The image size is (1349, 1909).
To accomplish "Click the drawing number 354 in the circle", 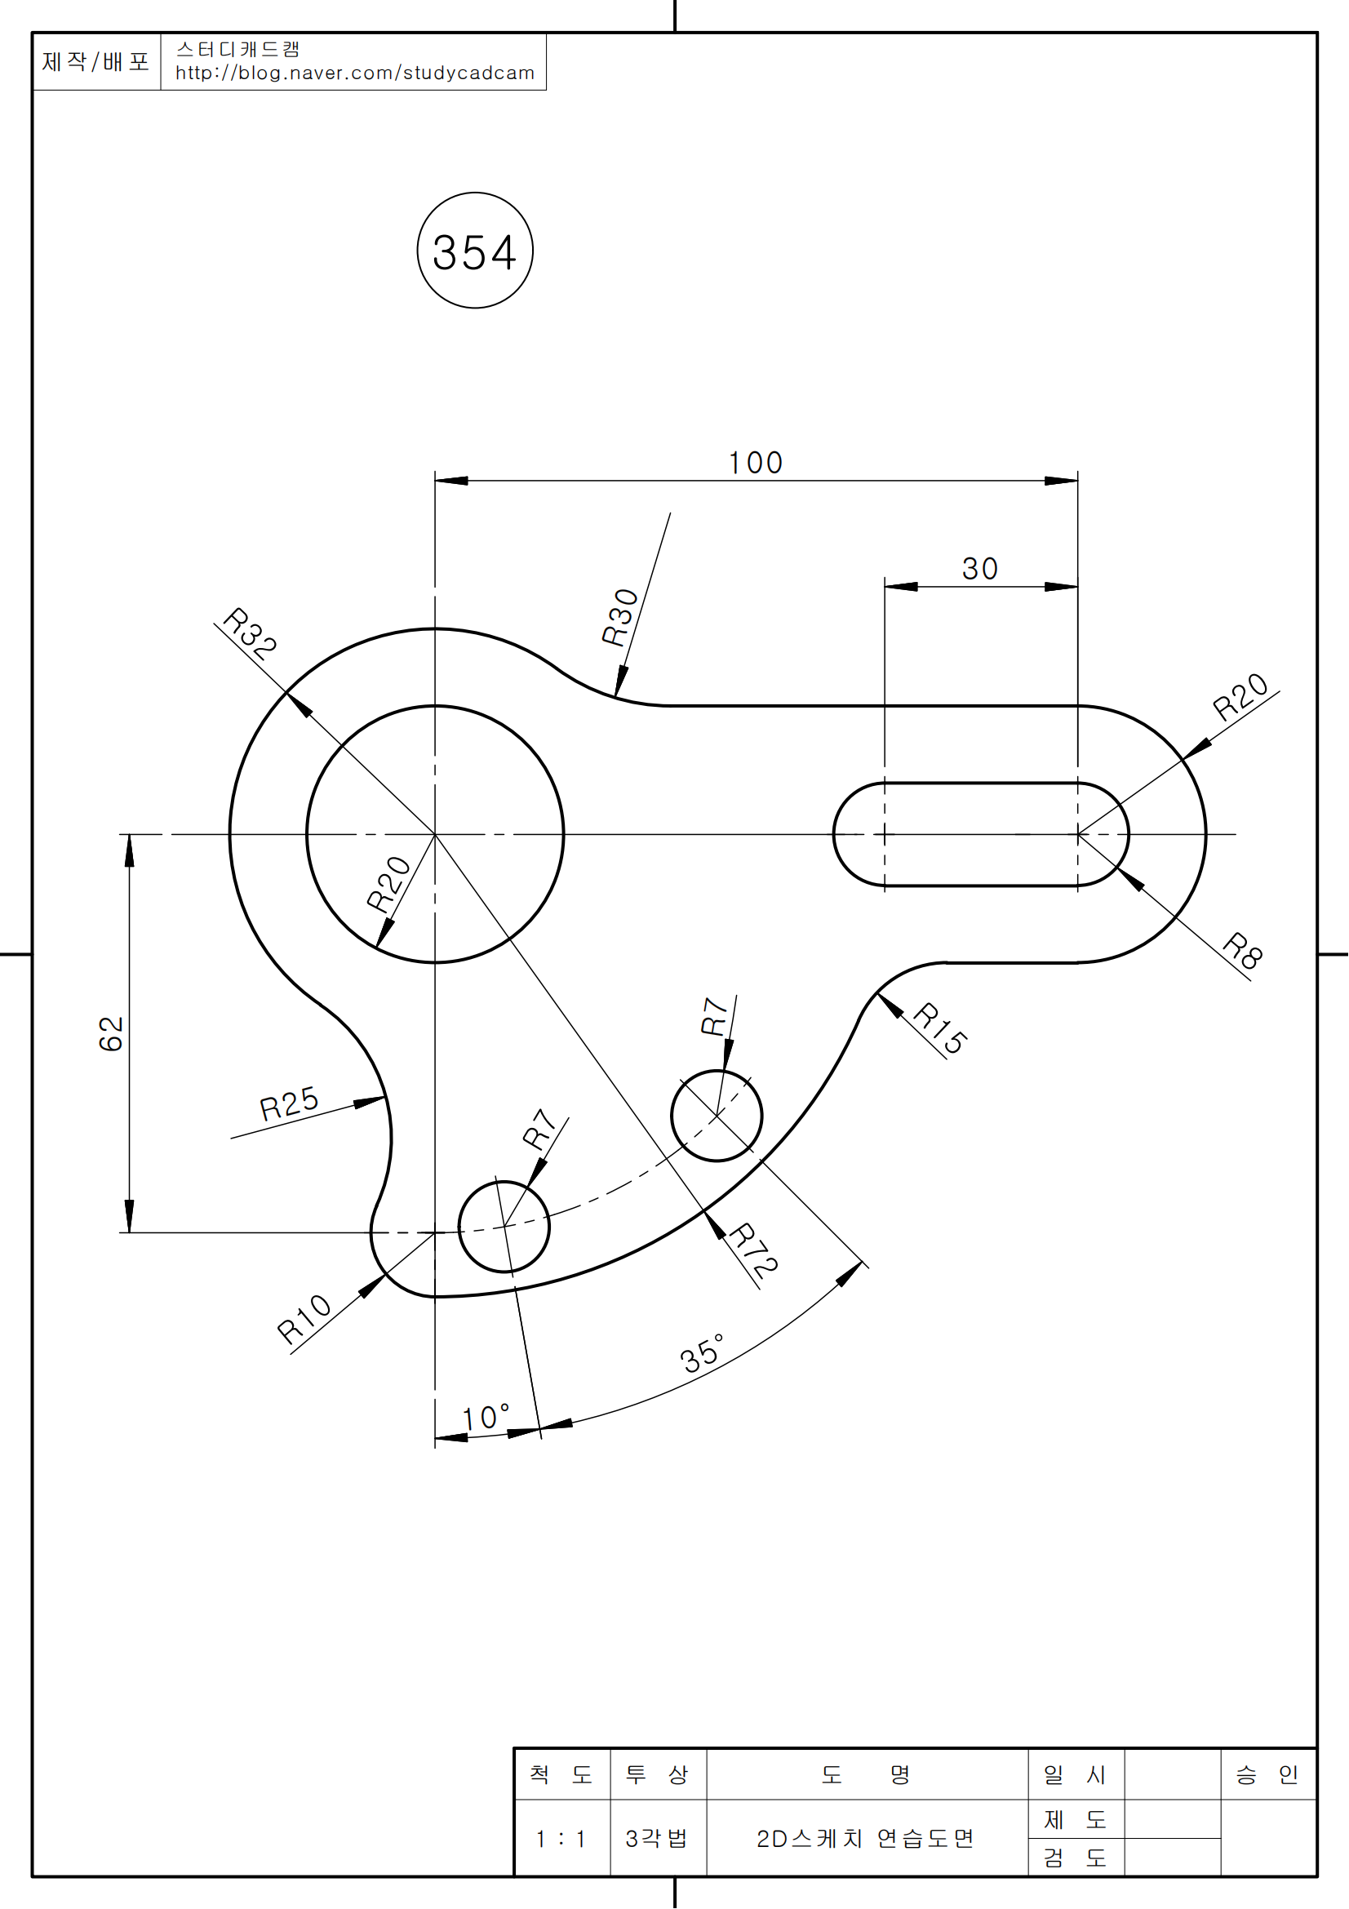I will tap(475, 252).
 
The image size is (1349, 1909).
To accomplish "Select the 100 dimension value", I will tap(756, 463).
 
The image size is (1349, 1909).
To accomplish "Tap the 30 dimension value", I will tap(980, 569).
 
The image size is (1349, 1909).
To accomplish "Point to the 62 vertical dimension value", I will tap(111, 1033).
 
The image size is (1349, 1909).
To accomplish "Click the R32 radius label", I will tap(251, 633).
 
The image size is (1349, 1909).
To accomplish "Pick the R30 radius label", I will tap(620, 617).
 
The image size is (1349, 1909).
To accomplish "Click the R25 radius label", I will tap(288, 1103).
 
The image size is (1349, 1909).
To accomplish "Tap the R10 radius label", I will tap(304, 1319).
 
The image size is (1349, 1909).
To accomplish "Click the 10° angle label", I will tap(486, 1418).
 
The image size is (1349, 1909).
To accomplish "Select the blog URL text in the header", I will tap(354, 73).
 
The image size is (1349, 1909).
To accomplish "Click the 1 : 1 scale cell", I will tap(561, 1838).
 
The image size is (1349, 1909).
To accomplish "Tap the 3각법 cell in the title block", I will tap(657, 1838).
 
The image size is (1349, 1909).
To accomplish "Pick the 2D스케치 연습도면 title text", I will tap(865, 1838).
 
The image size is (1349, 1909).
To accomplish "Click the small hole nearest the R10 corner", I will tap(504, 1227).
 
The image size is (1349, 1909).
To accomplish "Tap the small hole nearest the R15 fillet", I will tap(717, 1116).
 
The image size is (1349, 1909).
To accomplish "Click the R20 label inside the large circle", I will tap(389, 884).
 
